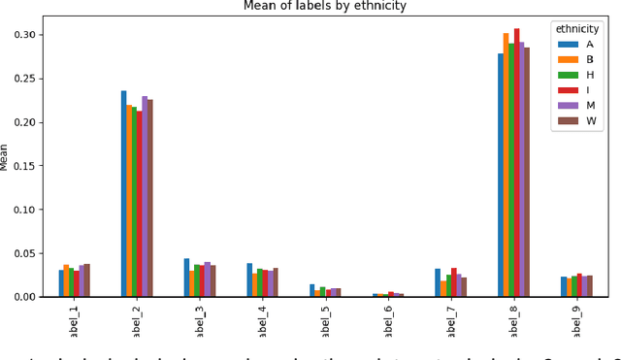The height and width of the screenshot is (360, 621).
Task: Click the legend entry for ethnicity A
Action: click(585, 44)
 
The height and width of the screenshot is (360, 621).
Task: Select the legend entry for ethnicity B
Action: click(585, 59)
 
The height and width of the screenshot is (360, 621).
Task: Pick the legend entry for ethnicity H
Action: click(585, 75)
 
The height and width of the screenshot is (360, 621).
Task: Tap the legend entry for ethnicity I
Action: click(585, 90)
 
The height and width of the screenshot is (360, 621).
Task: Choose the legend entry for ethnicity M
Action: click(585, 106)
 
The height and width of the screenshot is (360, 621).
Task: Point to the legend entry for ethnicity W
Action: click(585, 121)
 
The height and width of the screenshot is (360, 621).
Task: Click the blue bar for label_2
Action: click(123, 193)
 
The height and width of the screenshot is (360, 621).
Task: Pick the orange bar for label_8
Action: click(506, 164)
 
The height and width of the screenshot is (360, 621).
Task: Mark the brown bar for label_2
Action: click(149, 198)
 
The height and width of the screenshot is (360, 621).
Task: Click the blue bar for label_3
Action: click(186, 277)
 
